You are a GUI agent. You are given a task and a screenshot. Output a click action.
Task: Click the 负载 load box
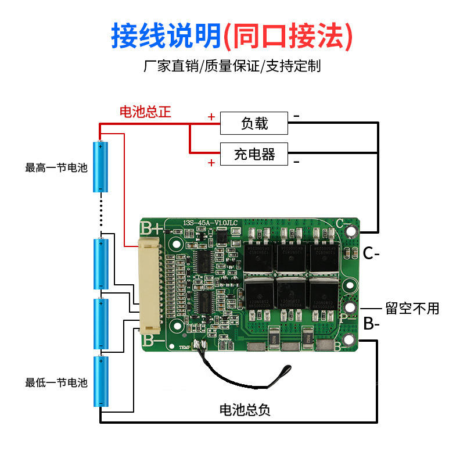click(x=254, y=123)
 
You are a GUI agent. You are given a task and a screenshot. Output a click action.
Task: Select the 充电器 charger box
click(x=254, y=154)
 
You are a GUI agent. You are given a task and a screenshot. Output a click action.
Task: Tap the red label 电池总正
click(x=145, y=112)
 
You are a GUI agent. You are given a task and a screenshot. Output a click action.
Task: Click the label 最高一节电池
click(x=56, y=168)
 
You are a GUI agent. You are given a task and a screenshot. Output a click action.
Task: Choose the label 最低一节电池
click(x=56, y=383)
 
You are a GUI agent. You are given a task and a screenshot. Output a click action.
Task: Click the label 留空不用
click(x=412, y=308)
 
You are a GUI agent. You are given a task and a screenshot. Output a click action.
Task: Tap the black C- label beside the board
click(x=371, y=253)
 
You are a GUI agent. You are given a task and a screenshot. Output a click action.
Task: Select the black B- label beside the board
click(x=371, y=324)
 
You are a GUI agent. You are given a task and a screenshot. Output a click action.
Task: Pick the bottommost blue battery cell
click(x=101, y=381)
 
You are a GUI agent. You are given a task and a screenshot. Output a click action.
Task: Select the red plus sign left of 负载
click(x=211, y=117)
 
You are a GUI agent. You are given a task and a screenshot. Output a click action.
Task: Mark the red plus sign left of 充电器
click(x=211, y=162)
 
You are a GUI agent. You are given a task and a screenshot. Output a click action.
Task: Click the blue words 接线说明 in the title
click(x=166, y=36)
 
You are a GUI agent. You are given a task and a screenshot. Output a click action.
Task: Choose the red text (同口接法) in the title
click(x=288, y=36)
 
